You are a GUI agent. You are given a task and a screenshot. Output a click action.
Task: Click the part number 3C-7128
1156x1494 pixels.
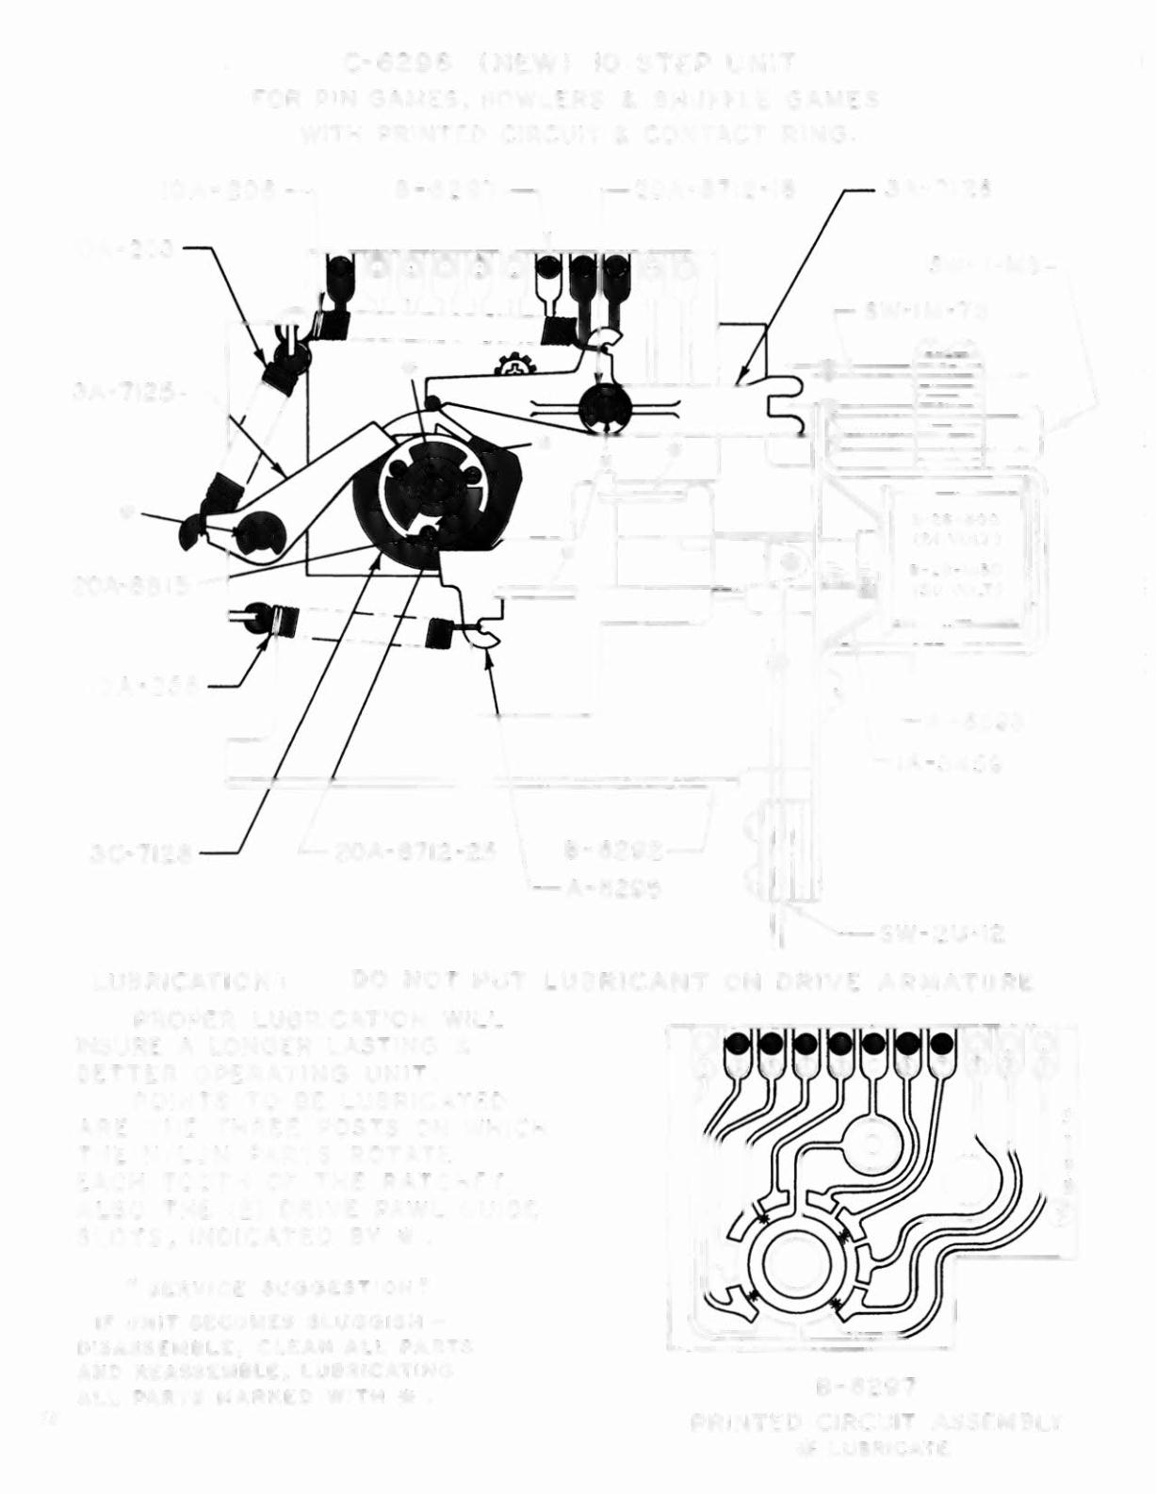tap(141, 853)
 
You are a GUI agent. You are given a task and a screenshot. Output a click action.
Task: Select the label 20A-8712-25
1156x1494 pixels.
tap(415, 853)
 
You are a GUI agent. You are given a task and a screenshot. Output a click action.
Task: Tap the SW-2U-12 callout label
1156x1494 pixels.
tap(942, 934)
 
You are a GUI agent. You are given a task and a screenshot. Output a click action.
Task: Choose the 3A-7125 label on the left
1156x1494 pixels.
tap(123, 391)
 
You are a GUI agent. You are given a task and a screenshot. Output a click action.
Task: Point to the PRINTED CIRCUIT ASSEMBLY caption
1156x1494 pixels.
tap(876, 1421)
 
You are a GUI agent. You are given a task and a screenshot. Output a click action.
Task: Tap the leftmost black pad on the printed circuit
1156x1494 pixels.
tap(738, 1044)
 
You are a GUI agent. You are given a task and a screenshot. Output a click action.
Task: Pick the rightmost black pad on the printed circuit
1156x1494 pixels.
tap(941, 1044)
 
